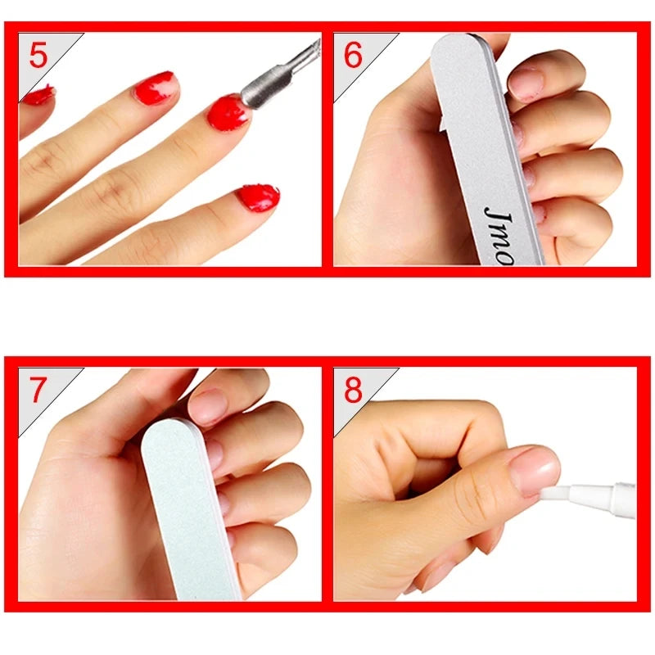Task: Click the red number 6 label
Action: tap(353, 56)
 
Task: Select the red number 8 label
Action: tap(353, 391)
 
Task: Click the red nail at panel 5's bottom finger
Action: tap(258, 198)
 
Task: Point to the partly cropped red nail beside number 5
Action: tap(38, 96)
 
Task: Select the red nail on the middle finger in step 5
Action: tap(156, 87)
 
